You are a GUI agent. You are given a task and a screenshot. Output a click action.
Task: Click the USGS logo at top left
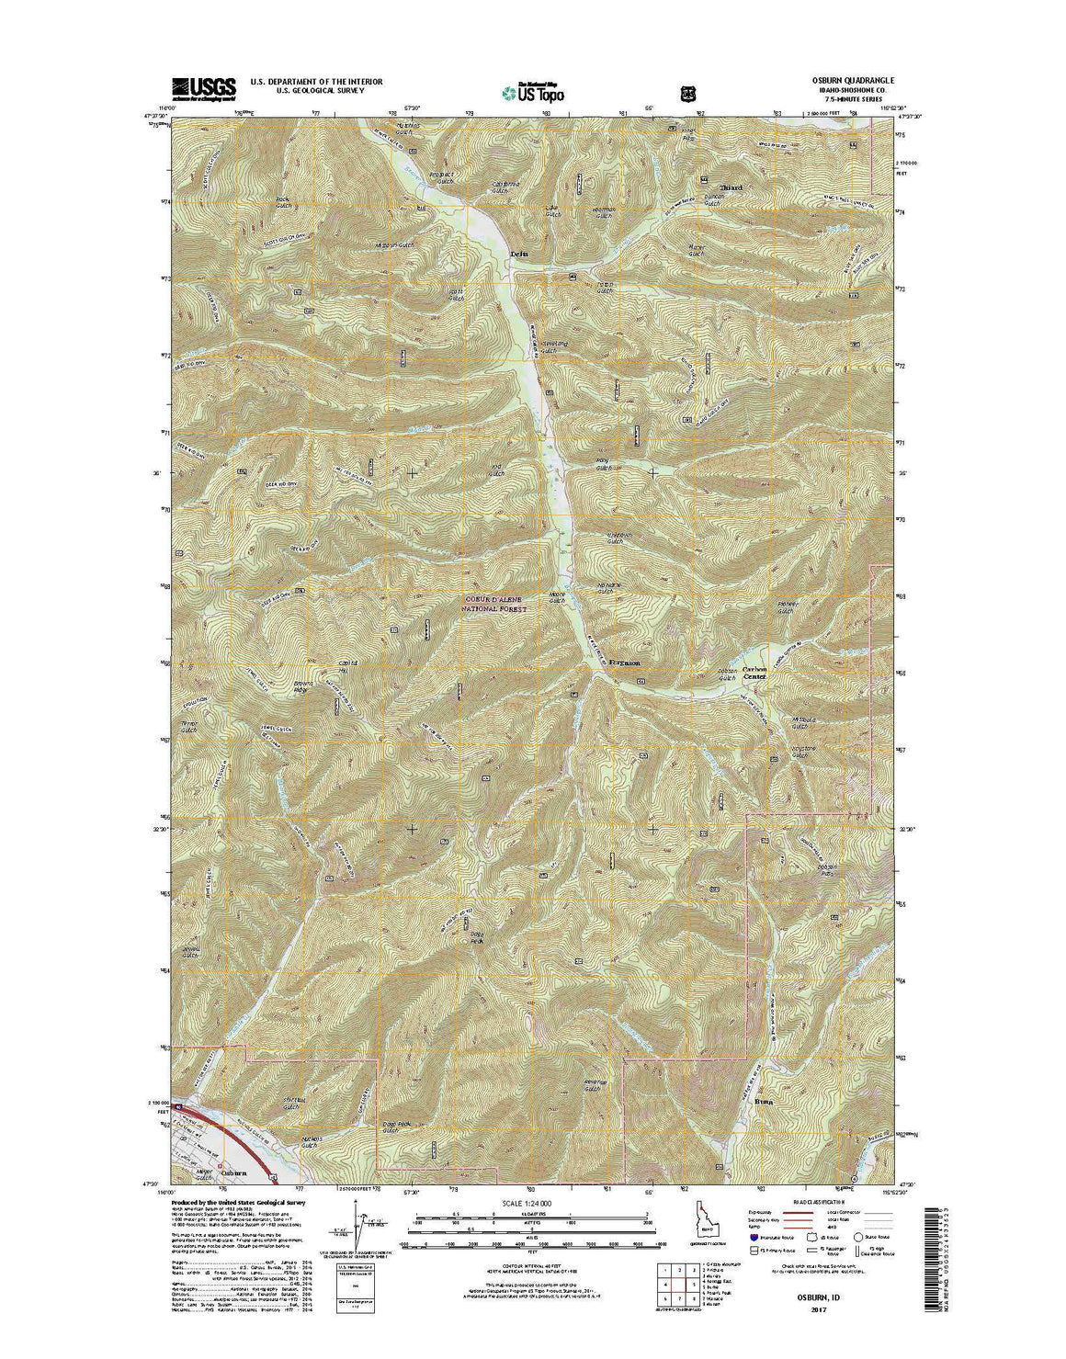(203, 86)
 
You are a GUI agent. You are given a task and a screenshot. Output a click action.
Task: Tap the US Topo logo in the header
(534, 92)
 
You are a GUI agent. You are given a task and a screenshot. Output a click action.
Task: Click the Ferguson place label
(623, 662)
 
